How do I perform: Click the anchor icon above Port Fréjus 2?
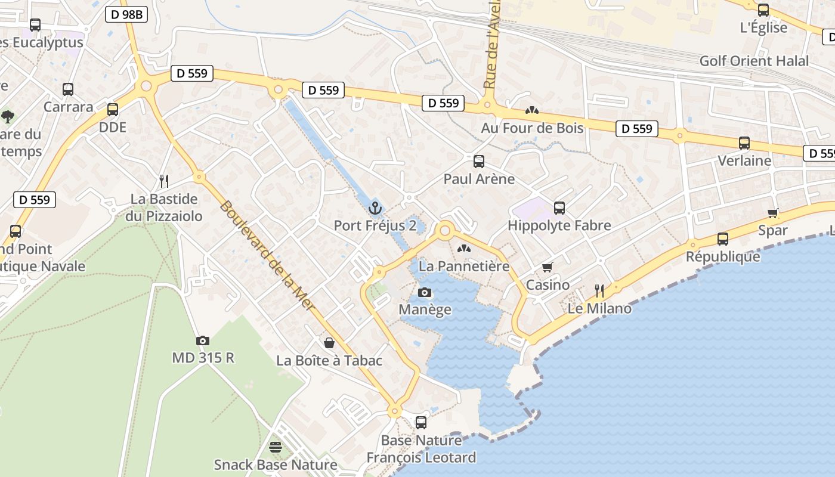click(375, 208)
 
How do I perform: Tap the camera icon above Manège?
click(425, 292)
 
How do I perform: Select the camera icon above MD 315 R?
click(203, 340)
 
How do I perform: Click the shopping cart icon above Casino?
click(547, 268)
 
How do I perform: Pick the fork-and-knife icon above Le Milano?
click(599, 290)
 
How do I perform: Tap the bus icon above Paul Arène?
click(478, 161)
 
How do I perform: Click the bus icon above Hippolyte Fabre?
click(559, 207)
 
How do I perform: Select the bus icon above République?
click(723, 238)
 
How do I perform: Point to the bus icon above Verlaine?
click(744, 143)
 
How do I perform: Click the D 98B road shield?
click(126, 15)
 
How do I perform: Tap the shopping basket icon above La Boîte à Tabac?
click(329, 343)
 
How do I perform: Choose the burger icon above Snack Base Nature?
click(275, 447)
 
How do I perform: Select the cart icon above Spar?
click(773, 213)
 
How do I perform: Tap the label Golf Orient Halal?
click(754, 61)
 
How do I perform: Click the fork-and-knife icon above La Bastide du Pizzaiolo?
click(164, 181)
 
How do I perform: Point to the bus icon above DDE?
click(113, 110)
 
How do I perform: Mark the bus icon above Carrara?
click(68, 89)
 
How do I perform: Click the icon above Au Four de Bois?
click(531, 110)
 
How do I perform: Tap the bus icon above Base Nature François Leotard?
click(421, 423)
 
